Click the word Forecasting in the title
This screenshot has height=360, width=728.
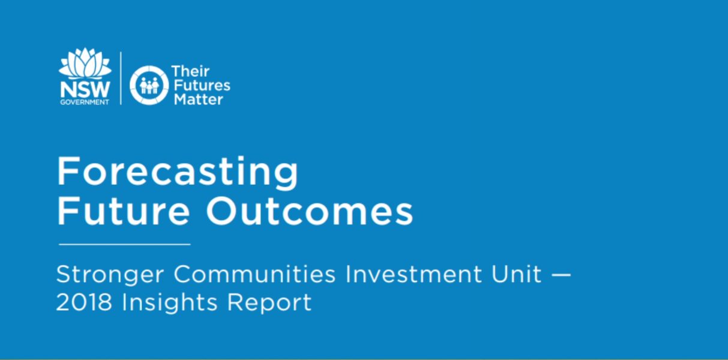tap(177, 172)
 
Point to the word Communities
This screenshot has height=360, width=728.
tap(254, 274)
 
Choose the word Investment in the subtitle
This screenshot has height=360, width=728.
tap(414, 274)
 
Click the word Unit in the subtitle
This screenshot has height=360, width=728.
tap(516, 274)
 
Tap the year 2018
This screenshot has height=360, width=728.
tap(84, 302)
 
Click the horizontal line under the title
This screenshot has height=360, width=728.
tap(124, 244)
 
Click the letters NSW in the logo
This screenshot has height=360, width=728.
tap(85, 89)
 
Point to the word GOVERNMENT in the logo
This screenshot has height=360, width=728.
tap(85, 102)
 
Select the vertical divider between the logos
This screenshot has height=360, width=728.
tap(121, 79)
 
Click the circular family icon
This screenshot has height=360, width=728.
tap(149, 85)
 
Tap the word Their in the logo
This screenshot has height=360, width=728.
tap(190, 71)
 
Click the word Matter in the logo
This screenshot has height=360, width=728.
tap(199, 100)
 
